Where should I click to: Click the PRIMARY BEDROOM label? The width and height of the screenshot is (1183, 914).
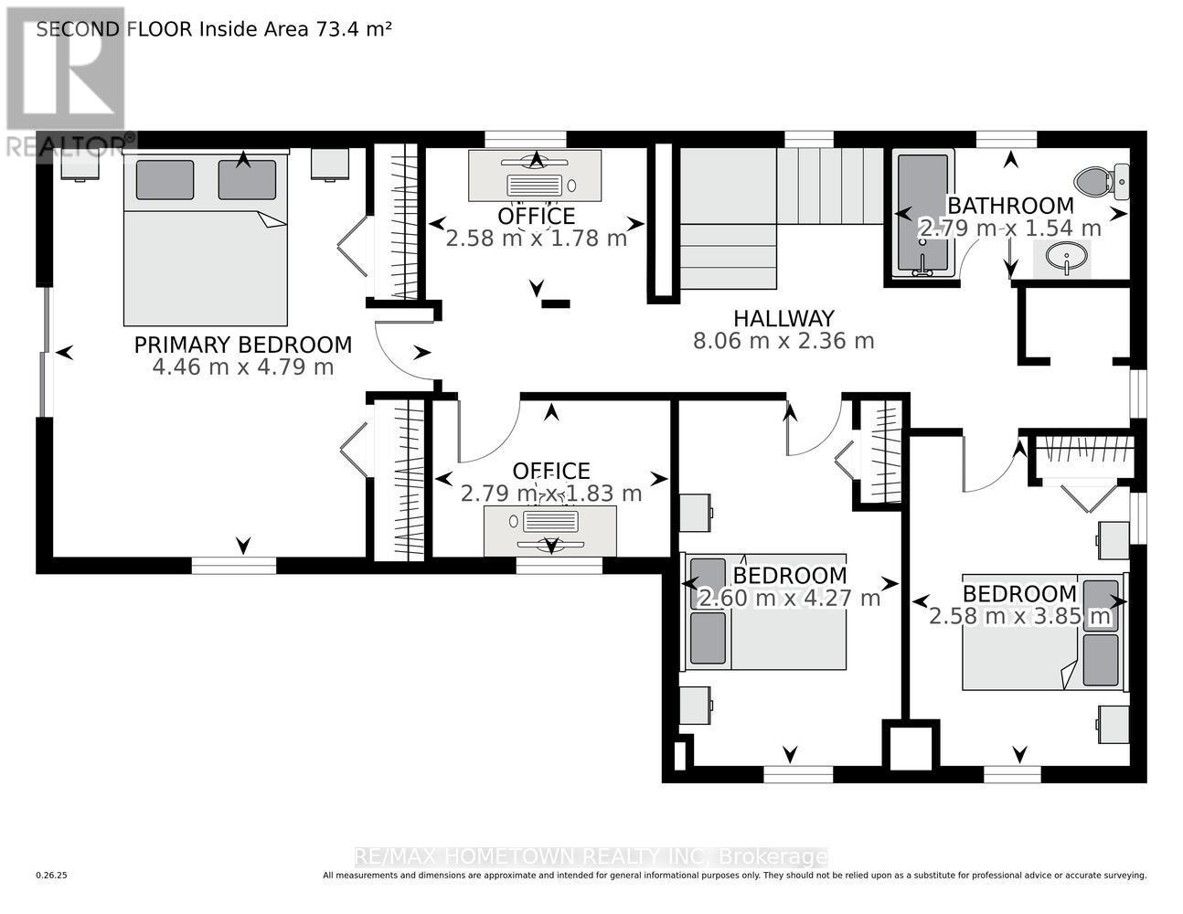[242, 345]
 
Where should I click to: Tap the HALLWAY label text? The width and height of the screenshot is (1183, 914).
[783, 318]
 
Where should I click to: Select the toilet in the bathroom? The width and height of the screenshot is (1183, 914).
[1102, 181]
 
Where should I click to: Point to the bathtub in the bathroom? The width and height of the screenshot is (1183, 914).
[923, 215]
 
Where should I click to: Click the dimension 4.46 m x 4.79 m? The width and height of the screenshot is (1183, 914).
[242, 367]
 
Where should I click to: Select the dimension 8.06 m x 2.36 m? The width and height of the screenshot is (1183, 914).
[783, 341]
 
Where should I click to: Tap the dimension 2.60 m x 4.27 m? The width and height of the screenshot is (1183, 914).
[789, 599]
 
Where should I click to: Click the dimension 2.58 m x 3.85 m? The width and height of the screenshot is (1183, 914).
[1020, 616]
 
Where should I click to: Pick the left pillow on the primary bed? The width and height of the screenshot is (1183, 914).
[165, 180]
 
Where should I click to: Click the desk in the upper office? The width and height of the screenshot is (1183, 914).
[535, 175]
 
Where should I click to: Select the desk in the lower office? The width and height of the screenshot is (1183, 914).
[549, 529]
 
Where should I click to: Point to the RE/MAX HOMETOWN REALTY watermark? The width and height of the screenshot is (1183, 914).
[591, 857]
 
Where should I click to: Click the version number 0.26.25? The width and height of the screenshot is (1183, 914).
[52, 876]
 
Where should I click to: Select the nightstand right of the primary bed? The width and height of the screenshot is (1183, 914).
[329, 165]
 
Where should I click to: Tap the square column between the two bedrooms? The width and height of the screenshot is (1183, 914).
[911, 747]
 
